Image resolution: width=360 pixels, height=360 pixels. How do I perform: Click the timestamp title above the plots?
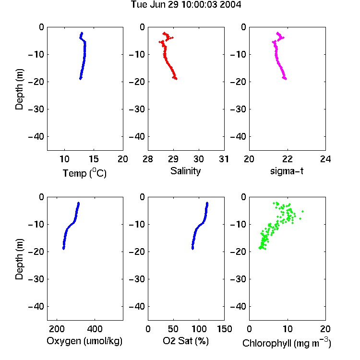click(186, 4)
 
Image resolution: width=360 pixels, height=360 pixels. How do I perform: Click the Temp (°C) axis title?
click(84, 173)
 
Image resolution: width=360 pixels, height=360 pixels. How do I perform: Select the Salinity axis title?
click(185, 171)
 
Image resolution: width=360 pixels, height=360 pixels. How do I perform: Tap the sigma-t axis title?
click(287, 171)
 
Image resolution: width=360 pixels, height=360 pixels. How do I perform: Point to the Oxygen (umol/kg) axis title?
click(84, 341)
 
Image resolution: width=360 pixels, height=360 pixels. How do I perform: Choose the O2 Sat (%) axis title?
click(186, 341)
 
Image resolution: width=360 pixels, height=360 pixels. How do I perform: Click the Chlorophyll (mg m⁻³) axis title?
click(287, 343)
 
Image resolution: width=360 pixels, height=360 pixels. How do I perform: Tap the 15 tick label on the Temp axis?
click(94, 159)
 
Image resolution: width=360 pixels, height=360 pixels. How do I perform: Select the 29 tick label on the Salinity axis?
click(173, 159)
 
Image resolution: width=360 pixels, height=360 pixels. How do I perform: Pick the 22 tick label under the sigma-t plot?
click(287, 159)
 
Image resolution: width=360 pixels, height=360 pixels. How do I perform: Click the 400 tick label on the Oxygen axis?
click(95, 329)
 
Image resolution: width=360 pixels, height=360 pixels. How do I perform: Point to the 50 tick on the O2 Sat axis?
click(173, 329)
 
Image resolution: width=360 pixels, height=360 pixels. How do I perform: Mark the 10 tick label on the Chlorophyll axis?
click(287, 329)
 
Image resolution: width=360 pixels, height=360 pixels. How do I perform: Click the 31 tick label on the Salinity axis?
click(224, 159)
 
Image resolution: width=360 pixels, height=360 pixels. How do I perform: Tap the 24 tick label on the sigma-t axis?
click(325, 159)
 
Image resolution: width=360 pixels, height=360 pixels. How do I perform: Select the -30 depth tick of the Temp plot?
click(36, 109)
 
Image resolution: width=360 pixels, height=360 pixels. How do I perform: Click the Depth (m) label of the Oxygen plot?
click(19, 259)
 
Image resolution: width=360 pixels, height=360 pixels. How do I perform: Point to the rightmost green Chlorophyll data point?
click(302, 211)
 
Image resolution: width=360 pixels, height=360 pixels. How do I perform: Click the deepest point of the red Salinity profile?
click(176, 79)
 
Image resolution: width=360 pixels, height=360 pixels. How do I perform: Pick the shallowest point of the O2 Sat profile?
click(207, 203)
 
